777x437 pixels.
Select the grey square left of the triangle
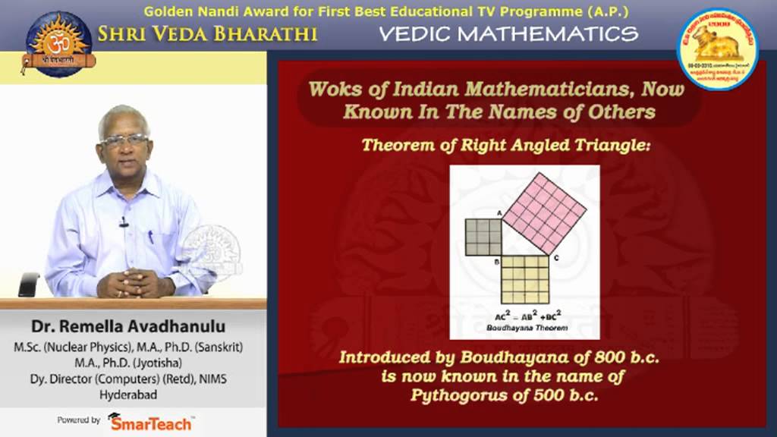(x=483, y=237)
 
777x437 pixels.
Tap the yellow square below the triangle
(x=525, y=279)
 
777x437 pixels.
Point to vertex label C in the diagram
(x=556, y=259)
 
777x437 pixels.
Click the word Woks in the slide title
(x=332, y=90)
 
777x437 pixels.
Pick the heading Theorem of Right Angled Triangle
(x=506, y=145)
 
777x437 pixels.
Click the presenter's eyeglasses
(x=124, y=140)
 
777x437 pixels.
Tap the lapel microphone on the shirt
(x=123, y=222)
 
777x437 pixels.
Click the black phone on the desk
(x=28, y=285)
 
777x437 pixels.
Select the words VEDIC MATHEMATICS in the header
(x=508, y=33)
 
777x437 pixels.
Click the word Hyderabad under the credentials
(x=127, y=395)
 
